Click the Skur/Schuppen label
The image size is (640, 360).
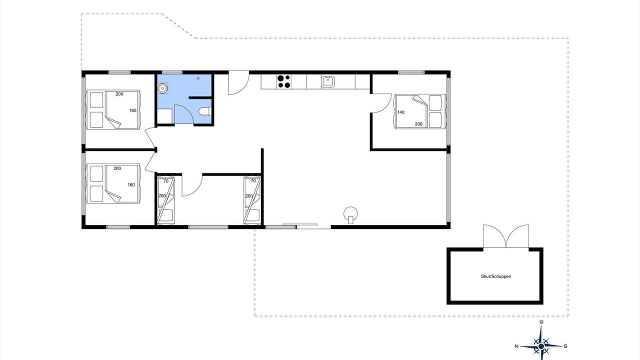[x=495, y=276]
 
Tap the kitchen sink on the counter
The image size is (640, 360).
[x=327, y=81]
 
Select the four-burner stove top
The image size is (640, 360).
[x=283, y=81]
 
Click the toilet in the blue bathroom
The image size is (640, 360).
[x=205, y=111]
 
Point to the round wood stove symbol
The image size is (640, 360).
[x=350, y=214]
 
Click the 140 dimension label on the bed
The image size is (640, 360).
[x=401, y=112]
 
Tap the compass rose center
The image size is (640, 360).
[x=541, y=346]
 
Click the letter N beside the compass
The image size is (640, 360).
[x=516, y=346]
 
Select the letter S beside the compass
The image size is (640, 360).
[x=565, y=346]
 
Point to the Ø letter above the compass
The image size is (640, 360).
[x=541, y=322]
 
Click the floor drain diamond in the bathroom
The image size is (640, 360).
[x=198, y=78]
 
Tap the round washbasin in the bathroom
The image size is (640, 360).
[x=162, y=88]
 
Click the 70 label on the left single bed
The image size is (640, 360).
[x=166, y=181]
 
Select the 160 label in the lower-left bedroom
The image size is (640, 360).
[x=131, y=185]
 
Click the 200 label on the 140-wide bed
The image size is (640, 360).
[x=418, y=124]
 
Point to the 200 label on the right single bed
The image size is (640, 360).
[x=249, y=196]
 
